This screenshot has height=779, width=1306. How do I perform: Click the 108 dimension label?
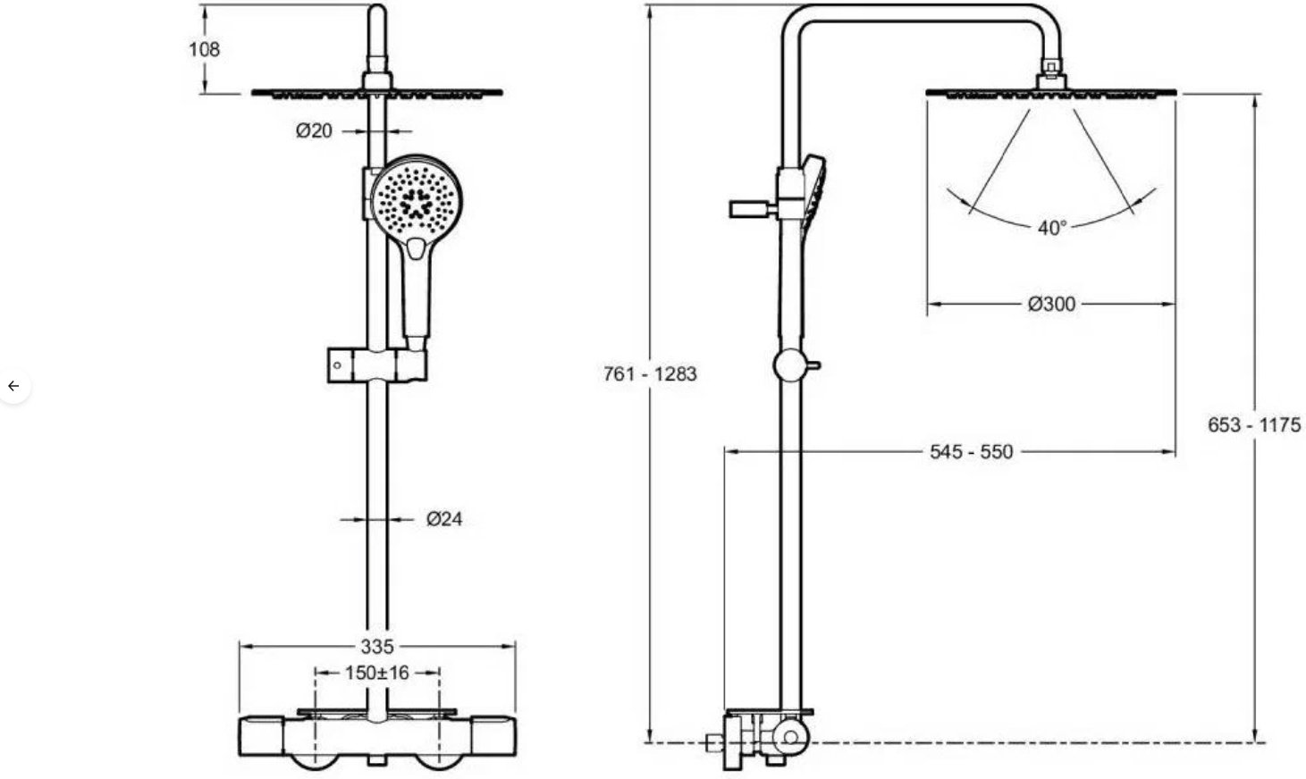coord(204,49)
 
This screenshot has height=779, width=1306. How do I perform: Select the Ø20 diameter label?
coord(314,131)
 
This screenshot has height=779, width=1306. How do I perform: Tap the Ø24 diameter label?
coord(444,518)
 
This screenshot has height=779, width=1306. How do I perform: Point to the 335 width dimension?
coord(377,646)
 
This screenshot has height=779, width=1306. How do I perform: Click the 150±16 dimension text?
coord(376,673)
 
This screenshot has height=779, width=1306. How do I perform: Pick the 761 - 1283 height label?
coord(650,374)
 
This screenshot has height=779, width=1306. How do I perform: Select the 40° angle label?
coord(1052,228)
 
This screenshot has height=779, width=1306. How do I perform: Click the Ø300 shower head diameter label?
coord(1051,304)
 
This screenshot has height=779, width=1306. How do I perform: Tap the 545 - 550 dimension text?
coord(972,451)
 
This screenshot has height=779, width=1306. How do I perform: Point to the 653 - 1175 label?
coord(1254,424)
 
